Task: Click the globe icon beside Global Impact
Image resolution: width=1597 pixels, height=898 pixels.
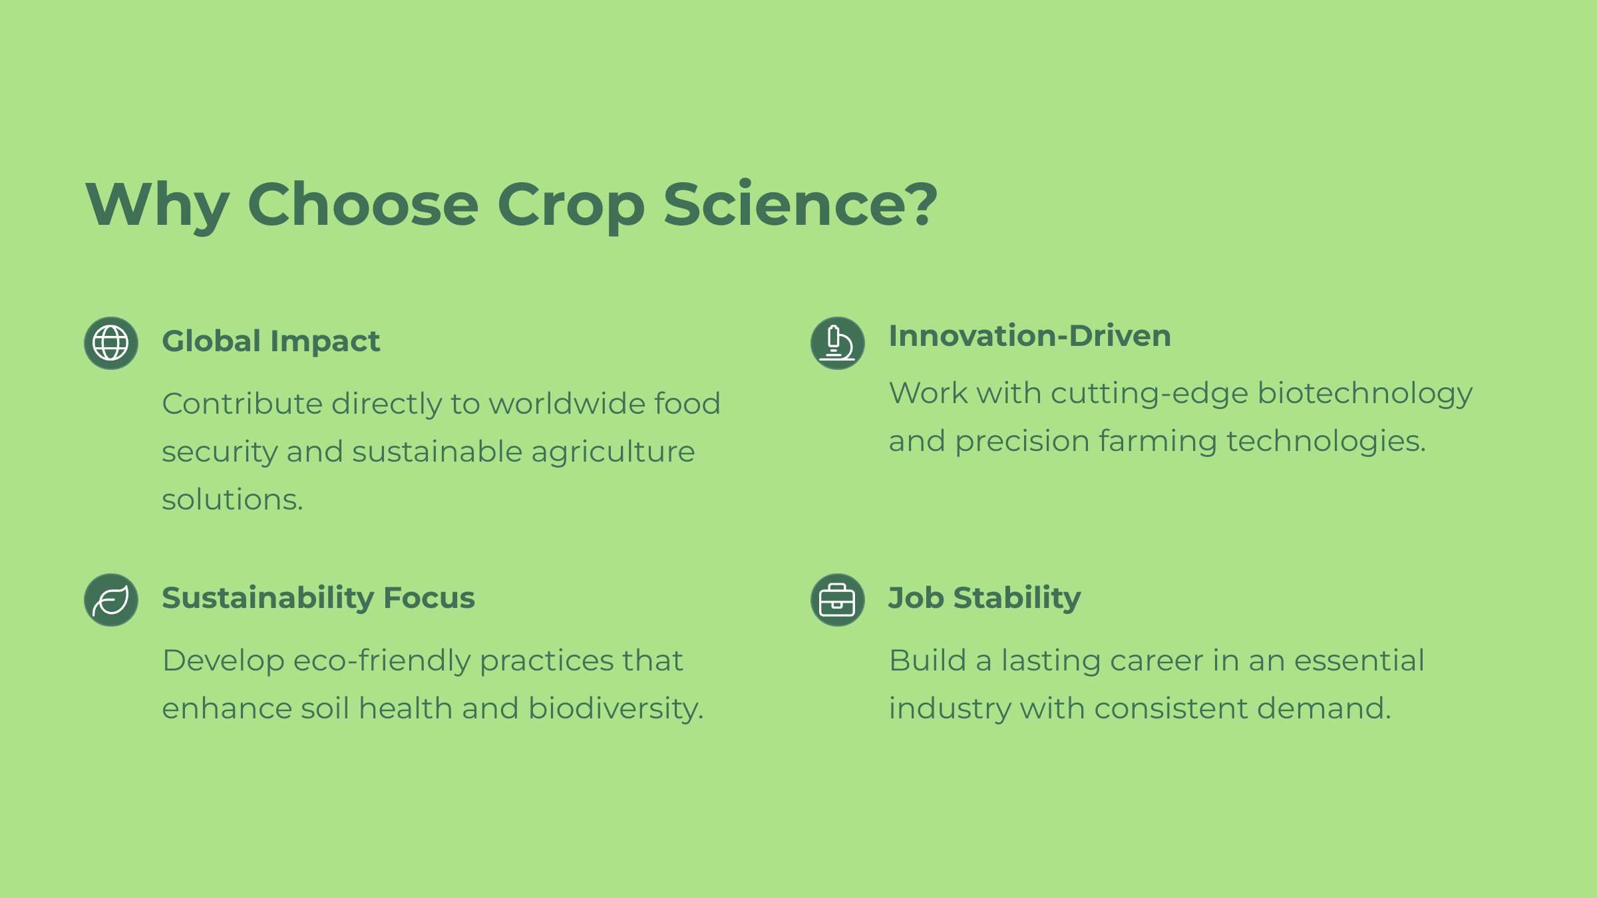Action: click(x=111, y=343)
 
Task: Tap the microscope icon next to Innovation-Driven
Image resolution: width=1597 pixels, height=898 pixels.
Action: click(x=838, y=343)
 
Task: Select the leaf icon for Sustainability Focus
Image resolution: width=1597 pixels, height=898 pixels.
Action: click(x=111, y=600)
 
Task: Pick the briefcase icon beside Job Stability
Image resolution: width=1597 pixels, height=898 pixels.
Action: click(x=838, y=600)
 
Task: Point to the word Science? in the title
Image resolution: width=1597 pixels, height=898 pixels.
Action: click(x=800, y=204)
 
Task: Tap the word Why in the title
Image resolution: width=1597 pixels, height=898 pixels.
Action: click(x=158, y=206)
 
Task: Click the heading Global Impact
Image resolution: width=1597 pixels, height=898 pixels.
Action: click(x=271, y=342)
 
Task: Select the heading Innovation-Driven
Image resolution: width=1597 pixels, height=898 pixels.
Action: click(x=1030, y=336)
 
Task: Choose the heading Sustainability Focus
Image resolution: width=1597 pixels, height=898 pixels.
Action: click(x=319, y=598)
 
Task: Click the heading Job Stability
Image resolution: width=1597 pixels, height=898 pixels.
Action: click(x=985, y=598)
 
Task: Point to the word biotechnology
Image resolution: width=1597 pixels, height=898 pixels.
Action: click(x=1365, y=394)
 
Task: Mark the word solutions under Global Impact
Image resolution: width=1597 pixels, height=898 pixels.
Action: click(x=232, y=500)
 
